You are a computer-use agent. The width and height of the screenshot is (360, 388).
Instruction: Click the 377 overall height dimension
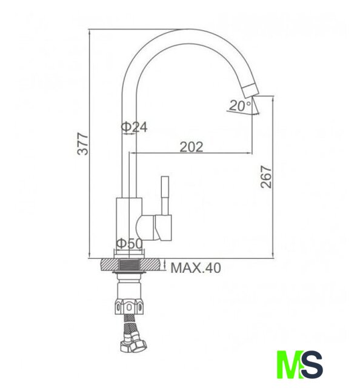point(82,144)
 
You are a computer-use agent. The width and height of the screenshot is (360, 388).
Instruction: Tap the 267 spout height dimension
point(266,177)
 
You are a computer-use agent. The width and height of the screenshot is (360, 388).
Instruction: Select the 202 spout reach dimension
point(192,147)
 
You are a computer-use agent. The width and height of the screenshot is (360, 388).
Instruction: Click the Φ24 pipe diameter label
point(134,127)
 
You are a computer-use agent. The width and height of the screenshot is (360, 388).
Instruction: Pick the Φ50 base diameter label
point(130,244)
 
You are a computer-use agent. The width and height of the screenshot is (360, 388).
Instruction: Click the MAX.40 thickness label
point(196,268)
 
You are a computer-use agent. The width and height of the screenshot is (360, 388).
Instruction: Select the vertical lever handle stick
point(165,195)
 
